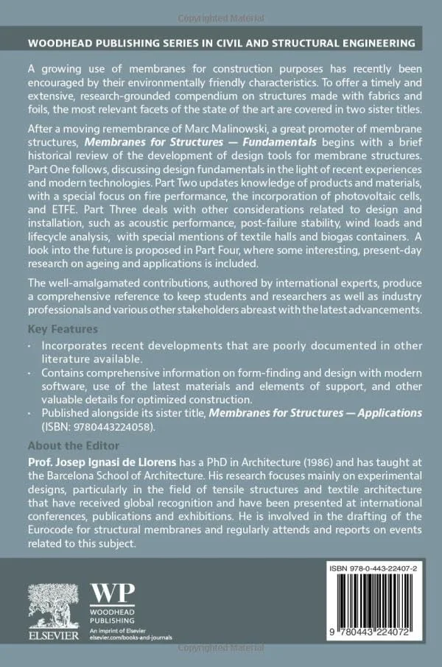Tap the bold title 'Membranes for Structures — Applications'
316,413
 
